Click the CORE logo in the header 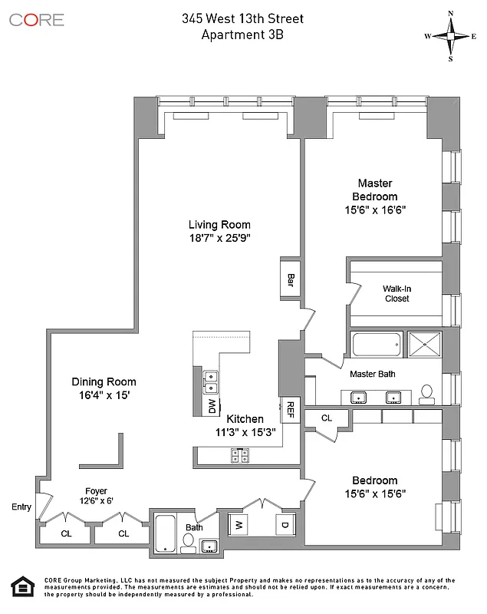(x=37, y=19)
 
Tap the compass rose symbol (x=451, y=36)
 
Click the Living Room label (x=219, y=225)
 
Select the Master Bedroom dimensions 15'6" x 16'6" (x=375, y=210)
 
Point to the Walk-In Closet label (x=397, y=293)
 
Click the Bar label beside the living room (x=291, y=277)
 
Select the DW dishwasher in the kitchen (x=212, y=407)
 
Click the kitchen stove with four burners (x=240, y=456)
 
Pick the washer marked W (x=239, y=525)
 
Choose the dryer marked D (x=284, y=525)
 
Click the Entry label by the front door (x=21, y=507)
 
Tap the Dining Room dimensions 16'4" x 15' (x=104, y=396)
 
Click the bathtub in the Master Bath (x=377, y=345)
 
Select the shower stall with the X (x=425, y=345)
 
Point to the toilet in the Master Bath (x=427, y=393)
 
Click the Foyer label (x=97, y=491)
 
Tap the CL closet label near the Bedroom (x=326, y=418)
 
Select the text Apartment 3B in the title (x=237, y=34)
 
